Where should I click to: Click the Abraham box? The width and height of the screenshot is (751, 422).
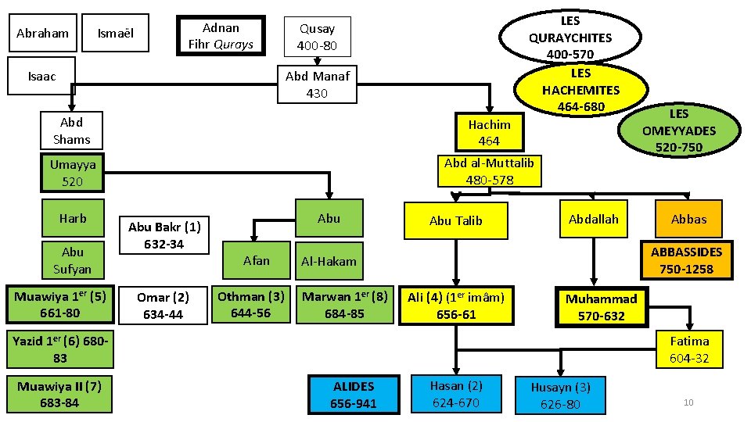(42, 34)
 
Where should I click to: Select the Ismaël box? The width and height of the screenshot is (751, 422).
(115, 34)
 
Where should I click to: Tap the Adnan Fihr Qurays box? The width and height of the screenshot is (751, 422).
(221, 36)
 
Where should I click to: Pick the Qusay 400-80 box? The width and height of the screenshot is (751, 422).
(317, 37)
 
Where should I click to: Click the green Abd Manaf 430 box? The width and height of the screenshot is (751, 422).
(317, 84)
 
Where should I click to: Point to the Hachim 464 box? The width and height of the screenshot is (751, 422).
(489, 132)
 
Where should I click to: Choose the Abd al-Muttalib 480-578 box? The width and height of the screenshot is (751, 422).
(489, 171)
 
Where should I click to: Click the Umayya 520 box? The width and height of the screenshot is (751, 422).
(73, 173)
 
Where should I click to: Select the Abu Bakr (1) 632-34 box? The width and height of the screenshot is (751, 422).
(164, 234)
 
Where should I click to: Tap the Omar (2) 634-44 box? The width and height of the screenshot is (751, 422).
(163, 306)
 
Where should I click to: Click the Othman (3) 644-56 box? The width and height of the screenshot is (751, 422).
(251, 305)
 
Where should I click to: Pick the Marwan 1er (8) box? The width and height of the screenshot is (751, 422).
(344, 305)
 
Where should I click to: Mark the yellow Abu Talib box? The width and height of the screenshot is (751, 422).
(456, 220)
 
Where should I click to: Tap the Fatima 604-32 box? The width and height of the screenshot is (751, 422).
(689, 349)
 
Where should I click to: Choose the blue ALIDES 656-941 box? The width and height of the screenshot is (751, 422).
(353, 395)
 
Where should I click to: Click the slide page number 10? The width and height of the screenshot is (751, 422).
(688, 402)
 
